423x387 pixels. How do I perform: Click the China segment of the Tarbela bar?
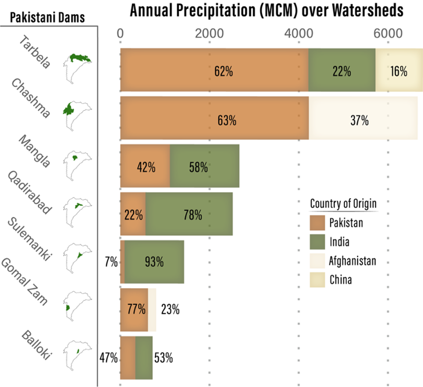pos(399,70)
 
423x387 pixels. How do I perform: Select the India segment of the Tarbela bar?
pos(342,70)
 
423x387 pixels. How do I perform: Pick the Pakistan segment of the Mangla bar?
pos(145,166)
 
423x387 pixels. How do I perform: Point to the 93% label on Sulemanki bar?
pos(153,262)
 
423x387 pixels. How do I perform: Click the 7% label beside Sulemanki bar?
pos(110,262)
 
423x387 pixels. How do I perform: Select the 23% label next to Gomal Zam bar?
pos(169,310)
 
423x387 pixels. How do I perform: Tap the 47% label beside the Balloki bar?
pos(108,358)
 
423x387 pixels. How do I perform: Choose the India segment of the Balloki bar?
pos(144,358)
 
